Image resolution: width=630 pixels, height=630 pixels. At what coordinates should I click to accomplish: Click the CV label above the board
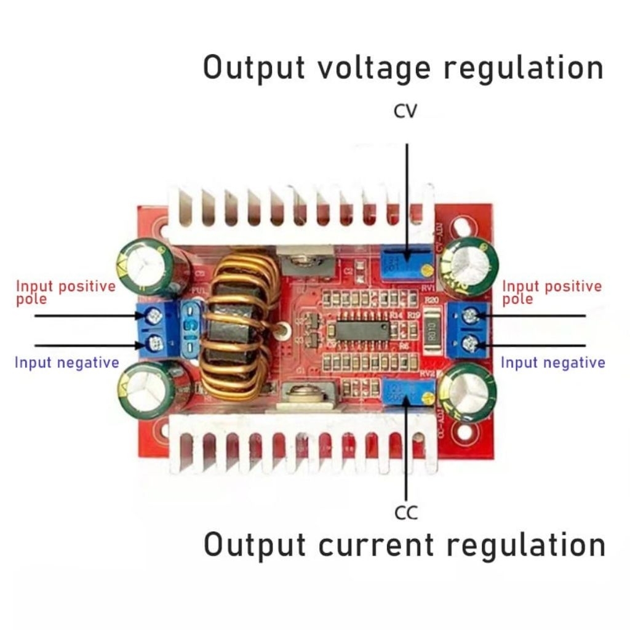[x=406, y=111]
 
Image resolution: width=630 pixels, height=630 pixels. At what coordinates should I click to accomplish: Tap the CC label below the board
[x=406, y=512]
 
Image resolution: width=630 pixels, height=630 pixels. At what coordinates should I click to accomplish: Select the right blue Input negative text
[x=552, y=362]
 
